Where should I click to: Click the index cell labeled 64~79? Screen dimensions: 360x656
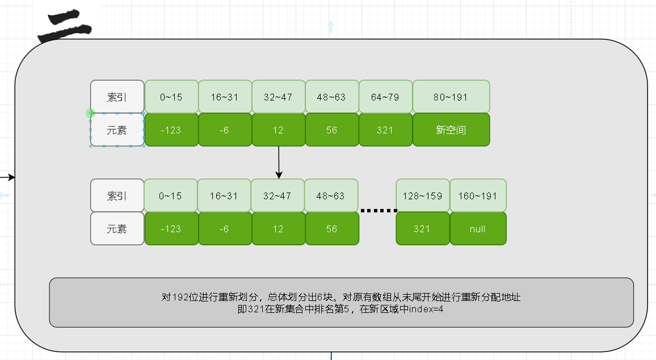point(385,97)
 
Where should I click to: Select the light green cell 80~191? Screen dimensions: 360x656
point(451,97)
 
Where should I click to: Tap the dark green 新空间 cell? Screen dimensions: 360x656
point(451,130)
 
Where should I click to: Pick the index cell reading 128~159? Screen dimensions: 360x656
point(422,196)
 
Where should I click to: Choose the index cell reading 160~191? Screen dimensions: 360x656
point(478,196)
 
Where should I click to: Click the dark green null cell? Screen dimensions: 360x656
point(478,229)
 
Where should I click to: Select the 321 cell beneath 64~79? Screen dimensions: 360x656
point(385,130)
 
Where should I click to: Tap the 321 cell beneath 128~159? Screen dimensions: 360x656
point(422,229)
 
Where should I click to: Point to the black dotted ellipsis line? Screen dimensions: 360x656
point(379,211)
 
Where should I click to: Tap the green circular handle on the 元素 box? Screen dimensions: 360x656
point(90,114)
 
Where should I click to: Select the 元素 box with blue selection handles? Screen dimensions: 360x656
point(117,130)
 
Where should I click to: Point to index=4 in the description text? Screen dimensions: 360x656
point(424,309)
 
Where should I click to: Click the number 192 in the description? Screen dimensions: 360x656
point(180,297)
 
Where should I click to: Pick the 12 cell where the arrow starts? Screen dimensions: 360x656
point(278,130)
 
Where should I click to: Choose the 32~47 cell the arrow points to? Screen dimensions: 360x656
point(277,196)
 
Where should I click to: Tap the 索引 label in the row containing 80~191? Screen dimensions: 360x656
point(117,97)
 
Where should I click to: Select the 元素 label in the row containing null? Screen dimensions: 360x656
point(117,229)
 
